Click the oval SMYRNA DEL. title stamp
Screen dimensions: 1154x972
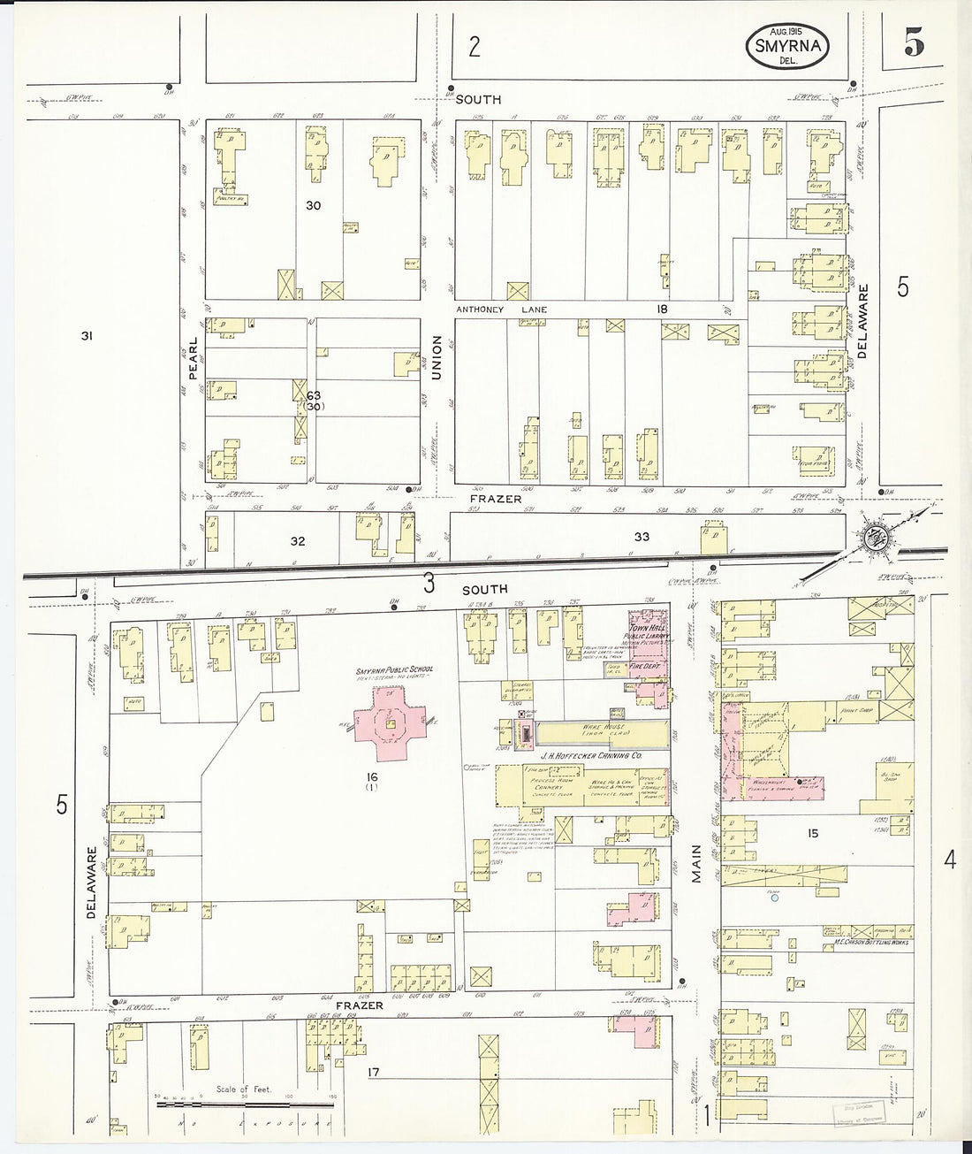click(789, 47)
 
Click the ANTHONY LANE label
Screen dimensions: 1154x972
click(501, 310)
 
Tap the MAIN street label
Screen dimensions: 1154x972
click(696, 864)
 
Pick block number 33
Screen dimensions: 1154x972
click(642, 537)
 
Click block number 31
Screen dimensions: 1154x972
click(87, 335)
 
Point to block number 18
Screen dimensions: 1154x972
click(661, 309)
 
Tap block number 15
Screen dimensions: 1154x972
click(812, 832)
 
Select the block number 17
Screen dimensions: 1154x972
click(374, 1073)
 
